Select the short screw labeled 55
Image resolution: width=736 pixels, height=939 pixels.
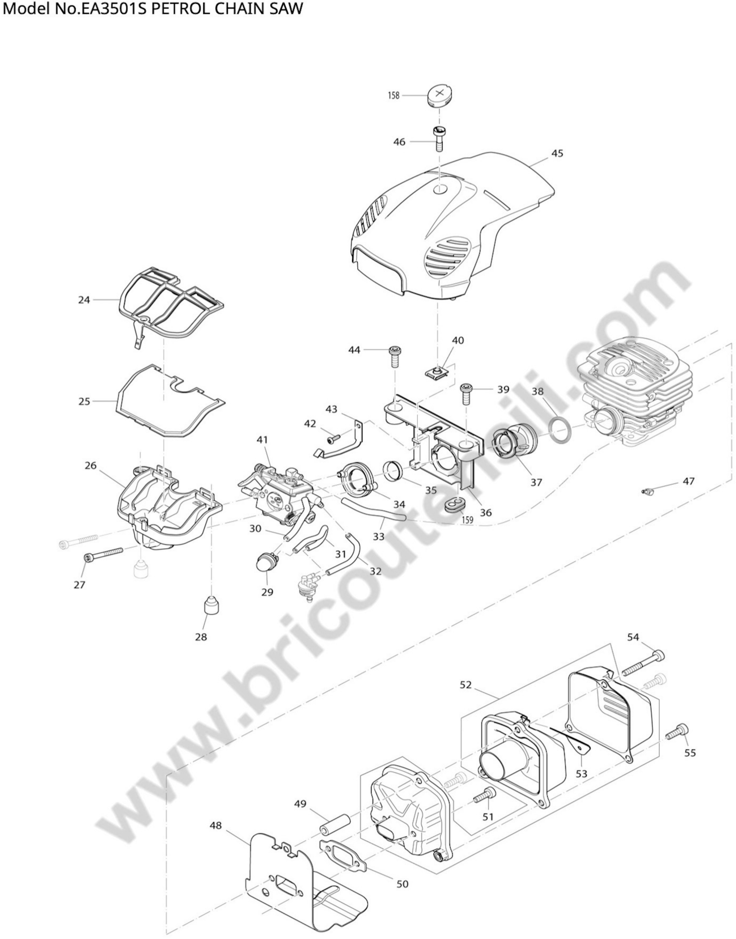coord(677,730)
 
